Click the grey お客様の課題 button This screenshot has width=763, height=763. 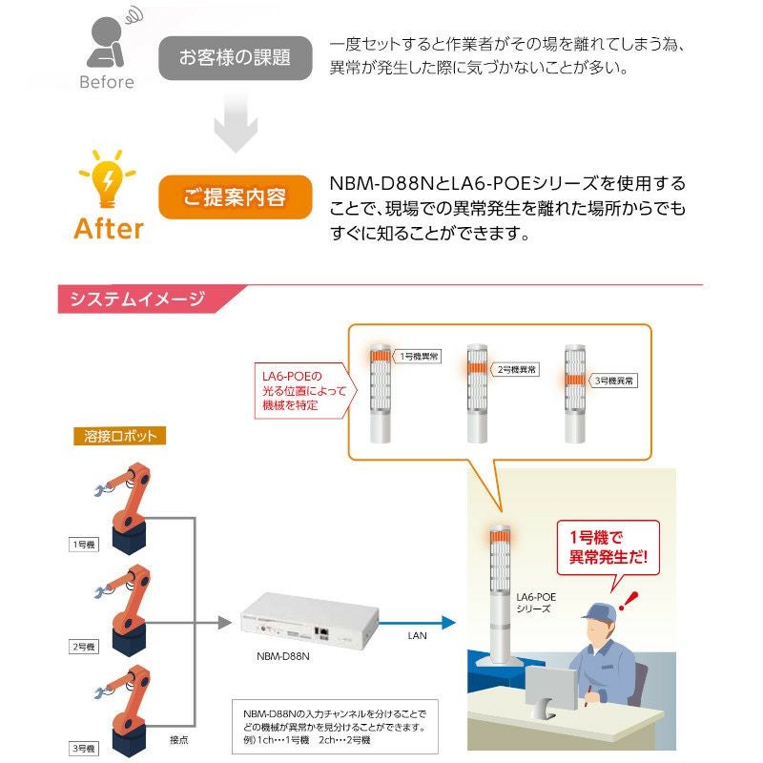[235, 58]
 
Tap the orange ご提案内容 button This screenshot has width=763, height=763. [235, 197]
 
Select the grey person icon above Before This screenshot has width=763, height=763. [108, 42]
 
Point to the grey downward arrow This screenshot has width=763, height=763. [236, 122]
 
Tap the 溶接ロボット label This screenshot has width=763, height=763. [120, 436]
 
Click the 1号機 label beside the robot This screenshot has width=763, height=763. [84, 544]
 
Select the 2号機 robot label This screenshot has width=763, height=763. [84, 647]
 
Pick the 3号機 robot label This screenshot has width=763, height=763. [84, 749]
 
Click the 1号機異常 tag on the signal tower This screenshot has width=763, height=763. [418, 356]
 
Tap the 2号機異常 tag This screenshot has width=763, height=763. [515, 369]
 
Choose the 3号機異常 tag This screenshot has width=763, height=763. [613, 381]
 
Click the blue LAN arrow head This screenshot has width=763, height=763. [448, 623]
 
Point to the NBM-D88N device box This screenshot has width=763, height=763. [309, 619]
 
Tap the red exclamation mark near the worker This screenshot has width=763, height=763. [628, 601]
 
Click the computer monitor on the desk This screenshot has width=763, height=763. [550, 689]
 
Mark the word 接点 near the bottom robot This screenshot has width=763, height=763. [179, 740]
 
